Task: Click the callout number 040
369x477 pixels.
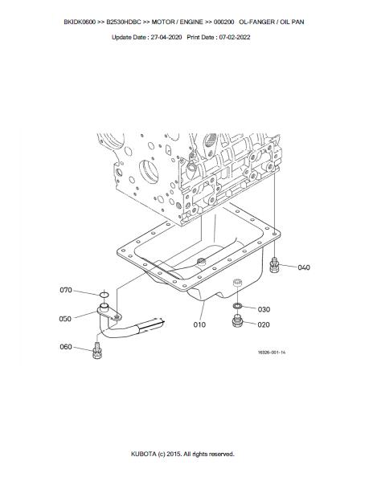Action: [x=304, y=267]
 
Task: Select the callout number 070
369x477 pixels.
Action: [x=66, y=290]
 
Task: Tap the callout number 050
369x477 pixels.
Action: [x=65, y=319]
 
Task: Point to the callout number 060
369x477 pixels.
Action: [x=66, y=347]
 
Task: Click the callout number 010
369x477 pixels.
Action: [x=199, y=325]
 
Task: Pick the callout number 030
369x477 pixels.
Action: [x=264, y=309]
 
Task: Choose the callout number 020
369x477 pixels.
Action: [x=264, y=325]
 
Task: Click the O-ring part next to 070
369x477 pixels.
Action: [x=105, y=295]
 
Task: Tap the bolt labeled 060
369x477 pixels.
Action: [x=96, y=351]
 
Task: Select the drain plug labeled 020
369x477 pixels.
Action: [x=237, y=321]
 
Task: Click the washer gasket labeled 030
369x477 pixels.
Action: [x=237, y=305]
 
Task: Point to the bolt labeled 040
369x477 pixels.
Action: [x=274, y=265]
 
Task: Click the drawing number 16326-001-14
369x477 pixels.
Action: [x=272, y=353]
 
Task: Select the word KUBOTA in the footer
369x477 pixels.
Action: [x=143, y=454]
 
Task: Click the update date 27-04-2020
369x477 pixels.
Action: [x=166, y=37]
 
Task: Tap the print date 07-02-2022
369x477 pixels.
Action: [x=235, y=37]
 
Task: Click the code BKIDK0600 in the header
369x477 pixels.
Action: [x=80, y=22]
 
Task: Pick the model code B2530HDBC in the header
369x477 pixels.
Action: [x=124, y=22]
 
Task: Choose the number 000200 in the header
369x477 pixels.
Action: [x=223, y=22]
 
